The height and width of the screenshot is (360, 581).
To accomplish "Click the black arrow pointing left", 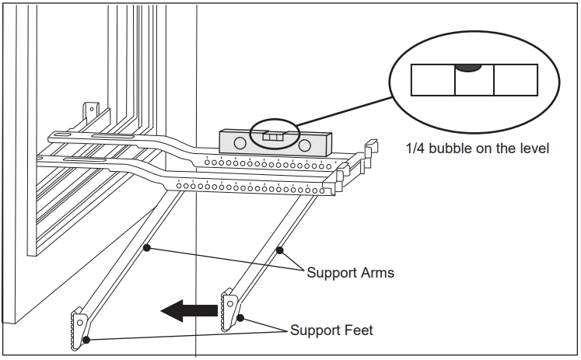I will [189, 311].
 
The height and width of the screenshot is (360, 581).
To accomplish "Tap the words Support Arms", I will [350, 273].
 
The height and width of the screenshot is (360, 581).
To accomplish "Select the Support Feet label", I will [331, 330].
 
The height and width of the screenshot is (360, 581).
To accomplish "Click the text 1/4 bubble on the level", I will [478, 148].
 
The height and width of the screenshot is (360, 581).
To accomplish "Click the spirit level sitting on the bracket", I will [275, 142].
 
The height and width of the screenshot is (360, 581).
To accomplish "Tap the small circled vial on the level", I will [272, 136].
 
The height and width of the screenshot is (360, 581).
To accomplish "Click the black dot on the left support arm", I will [145, 249].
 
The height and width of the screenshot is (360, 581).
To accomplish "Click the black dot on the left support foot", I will [87, 339].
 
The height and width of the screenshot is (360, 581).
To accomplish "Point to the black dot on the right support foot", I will [240, 317].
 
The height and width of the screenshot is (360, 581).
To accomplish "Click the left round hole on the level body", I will [240, 144].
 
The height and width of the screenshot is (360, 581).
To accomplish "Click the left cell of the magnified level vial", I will [432, 80].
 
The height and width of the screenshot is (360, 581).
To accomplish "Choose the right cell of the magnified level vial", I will [516, 80].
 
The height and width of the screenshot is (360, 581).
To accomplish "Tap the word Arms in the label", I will [377, 273].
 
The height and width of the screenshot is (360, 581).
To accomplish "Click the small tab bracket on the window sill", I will [92, 111].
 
